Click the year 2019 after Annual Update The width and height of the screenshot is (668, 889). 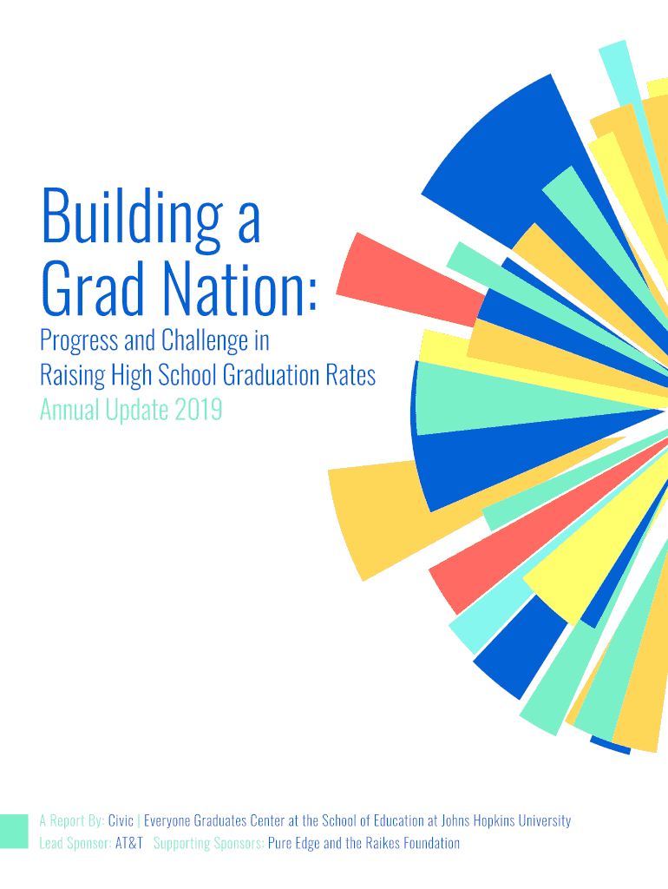(198, 410)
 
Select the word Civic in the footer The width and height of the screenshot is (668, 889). (121, 821)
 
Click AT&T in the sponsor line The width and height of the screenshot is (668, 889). (129, 843)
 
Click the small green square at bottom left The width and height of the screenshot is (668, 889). (14, 831)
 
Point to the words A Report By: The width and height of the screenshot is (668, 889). (71, 821)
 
